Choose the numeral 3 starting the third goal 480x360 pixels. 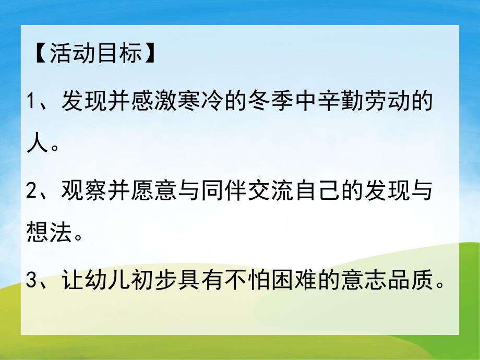[32, 282]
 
